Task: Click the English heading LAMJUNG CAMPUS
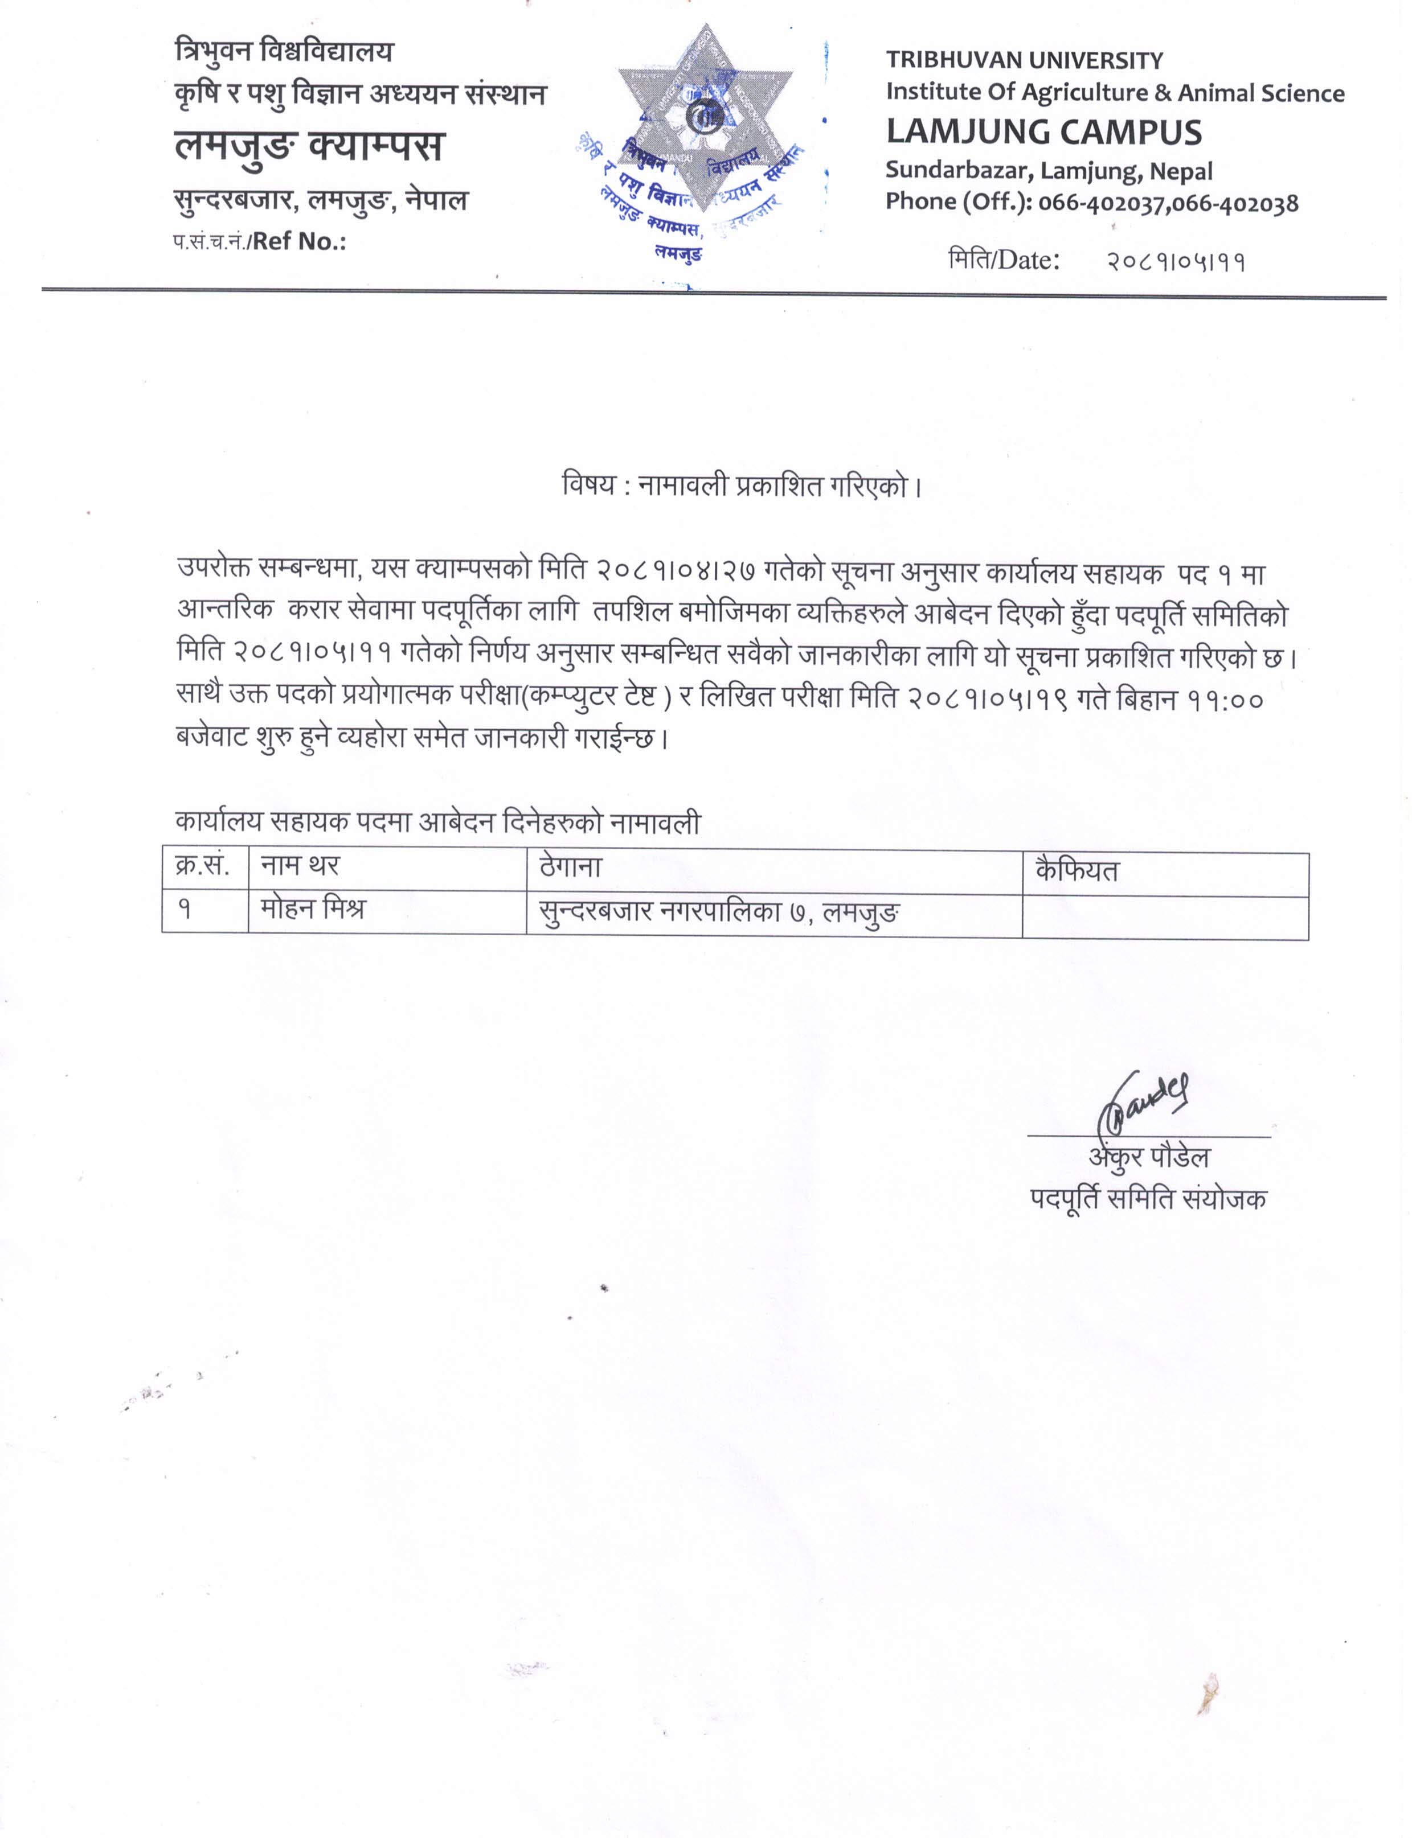click(1044, 133)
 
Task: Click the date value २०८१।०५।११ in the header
click(1174, 262)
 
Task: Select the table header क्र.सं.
click(203, 865)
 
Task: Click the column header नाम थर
click(300, 865)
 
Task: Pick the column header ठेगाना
click(571, 867)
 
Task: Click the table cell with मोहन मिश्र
click(313, 910)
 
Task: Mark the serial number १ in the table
click(184, 910)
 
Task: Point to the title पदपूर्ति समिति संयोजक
click(1148, 1199)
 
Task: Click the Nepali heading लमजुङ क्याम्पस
click(309, 146)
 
